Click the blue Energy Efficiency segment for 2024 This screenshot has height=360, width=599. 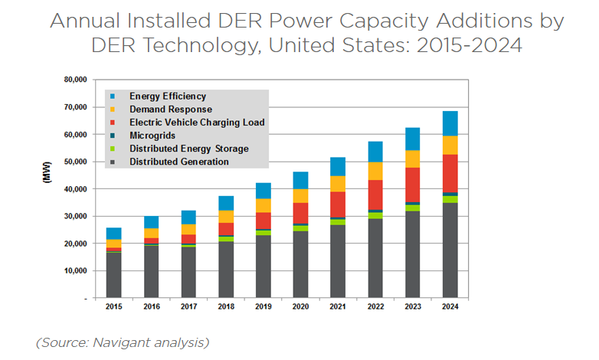(x=450, y=123)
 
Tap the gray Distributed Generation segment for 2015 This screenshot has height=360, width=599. (x=113, y=274)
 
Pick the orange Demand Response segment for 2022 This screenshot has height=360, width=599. (x=375, y=171)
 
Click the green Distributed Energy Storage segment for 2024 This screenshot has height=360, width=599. (x=450, y=199)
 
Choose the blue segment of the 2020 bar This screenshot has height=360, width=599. (x=300, y=180)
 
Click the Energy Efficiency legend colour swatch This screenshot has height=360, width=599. (x=113, y=97)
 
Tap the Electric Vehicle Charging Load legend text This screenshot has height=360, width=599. (x=197, y=123)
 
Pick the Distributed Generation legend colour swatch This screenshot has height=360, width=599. (x=113, y=162)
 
